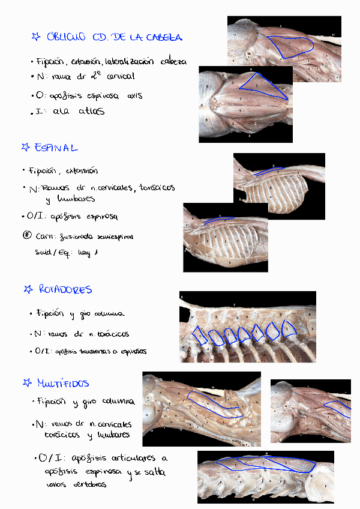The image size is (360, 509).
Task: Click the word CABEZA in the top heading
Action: tap(161, 37)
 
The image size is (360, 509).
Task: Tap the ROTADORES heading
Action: tap(65, 289)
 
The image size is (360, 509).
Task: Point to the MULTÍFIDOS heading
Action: tap(63, 382)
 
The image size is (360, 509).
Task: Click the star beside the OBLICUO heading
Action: tap(35, 37)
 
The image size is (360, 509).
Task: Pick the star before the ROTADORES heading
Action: tap(28, 290)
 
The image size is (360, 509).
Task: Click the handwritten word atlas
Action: tap(91, 111)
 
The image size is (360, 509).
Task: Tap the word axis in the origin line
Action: tap(135, 95)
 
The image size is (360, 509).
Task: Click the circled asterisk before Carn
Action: tap(26, 235)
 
